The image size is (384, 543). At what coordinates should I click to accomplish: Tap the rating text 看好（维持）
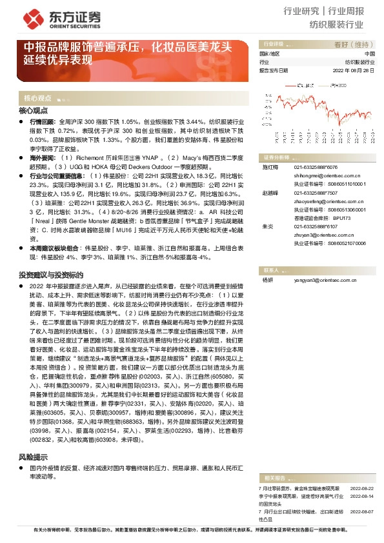[x=350, y=45]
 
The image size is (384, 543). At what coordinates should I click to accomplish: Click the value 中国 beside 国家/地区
[x=369, y=54]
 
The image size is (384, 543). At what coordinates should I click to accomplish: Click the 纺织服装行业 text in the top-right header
[x=336, y=25]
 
